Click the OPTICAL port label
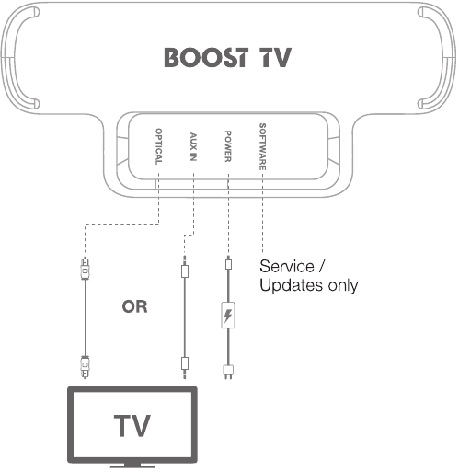click(x=158, y=146)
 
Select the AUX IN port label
click(x=193, y=146)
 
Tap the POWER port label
click(x=228, y=146)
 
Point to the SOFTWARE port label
click(x=263, y=146)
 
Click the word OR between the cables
click(x=134, y=306)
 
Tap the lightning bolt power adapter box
click(x=228, y=315)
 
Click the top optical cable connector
click(x=85, y=268)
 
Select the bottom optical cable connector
click(x=85, y=366)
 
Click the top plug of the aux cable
click(x=185, y=267)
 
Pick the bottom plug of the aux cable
click(x=185, y=367)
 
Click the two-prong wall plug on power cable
click(x=228, y=372)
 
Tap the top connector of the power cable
click(x=228, y=263)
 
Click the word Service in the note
click(x=287, y=266)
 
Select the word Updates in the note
click(x=292, y=285)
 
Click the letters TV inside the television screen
click(x=132, y=426)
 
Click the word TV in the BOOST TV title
click(x=275, y=57)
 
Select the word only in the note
click(x=343, y=285)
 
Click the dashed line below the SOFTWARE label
click(x=263, y=213)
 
